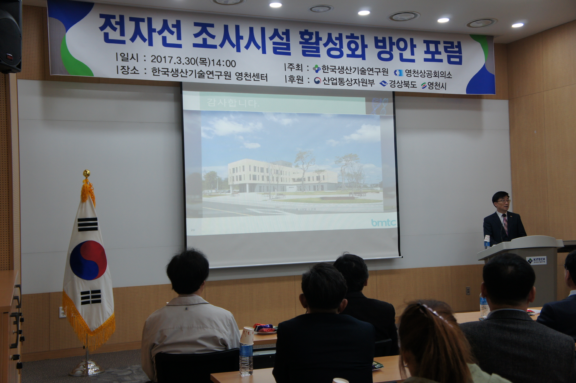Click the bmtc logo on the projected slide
383,223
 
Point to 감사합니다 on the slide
232,103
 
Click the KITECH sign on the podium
537,260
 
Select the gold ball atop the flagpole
86,173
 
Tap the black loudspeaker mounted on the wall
11,37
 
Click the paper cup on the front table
246,335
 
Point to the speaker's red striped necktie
505,224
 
